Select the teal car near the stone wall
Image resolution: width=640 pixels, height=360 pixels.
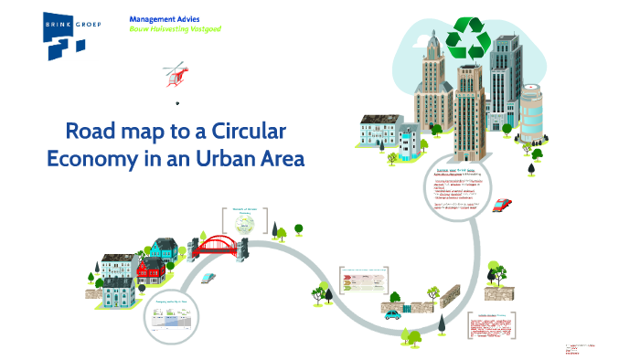[x=393, y=314]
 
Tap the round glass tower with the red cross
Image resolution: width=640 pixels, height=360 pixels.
[x=531, y=108]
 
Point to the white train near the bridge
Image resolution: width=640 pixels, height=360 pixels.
[x=208, y=277]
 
